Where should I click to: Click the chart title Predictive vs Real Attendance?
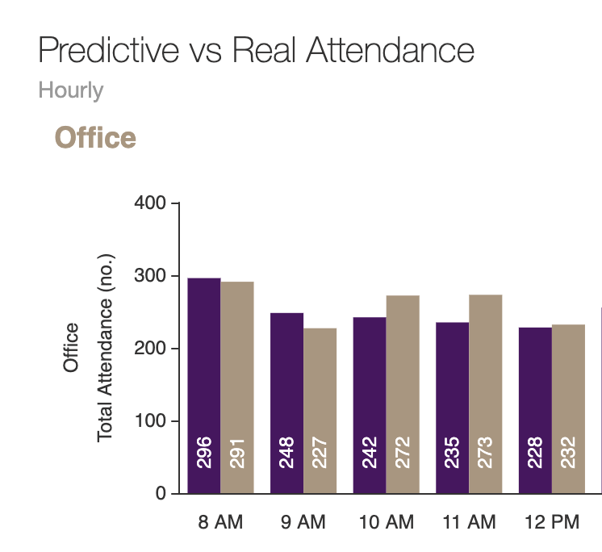256,51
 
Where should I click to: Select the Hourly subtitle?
71,90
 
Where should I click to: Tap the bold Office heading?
95,138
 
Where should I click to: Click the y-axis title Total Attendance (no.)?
105,348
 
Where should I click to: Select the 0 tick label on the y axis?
160,494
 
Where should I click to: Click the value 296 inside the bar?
204,453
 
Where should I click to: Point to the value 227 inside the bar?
320,453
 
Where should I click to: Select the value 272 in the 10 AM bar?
403,453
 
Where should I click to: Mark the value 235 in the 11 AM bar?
452,453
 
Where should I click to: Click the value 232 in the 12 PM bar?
568,453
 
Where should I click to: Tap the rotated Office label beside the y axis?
71,348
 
